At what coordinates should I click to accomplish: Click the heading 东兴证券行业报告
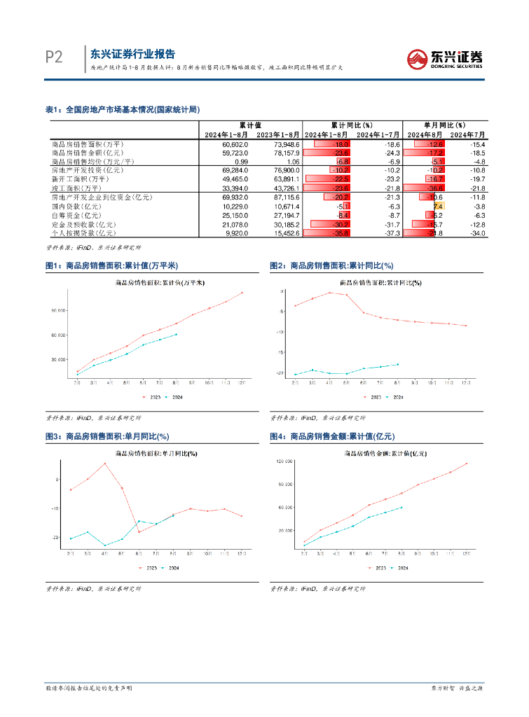point(133,54)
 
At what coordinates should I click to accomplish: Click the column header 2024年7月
point(467,134)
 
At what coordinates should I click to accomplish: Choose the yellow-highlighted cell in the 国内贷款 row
point(438,207)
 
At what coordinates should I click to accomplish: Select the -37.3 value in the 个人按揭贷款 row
point(392,233)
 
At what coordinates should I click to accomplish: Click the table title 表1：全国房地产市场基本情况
point(123,109)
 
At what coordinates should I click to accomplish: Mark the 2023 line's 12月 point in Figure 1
point(242,293)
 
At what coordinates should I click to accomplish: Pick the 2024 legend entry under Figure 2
point(395,396)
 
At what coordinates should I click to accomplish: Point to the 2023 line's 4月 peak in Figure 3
point(105,464)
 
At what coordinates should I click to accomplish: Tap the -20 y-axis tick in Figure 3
point(57,537)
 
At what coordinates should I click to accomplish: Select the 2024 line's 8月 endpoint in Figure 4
point(401,507)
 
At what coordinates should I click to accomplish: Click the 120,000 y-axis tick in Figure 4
point(284,461)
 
